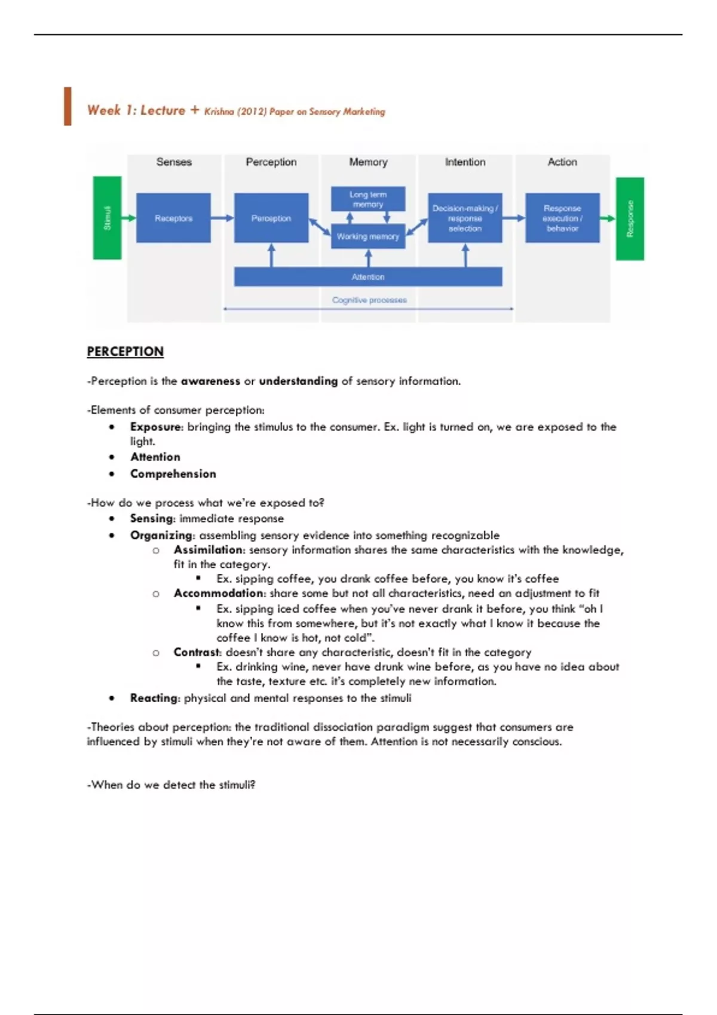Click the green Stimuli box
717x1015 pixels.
pos(108,218)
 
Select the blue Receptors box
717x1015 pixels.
pos(173,218)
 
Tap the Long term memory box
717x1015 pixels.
pos(368,199)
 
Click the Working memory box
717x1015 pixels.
pos(368,236)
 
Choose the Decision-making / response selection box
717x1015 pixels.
pos(465,218)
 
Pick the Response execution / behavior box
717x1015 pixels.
pos(562,218)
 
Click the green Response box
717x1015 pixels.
pos(630,219)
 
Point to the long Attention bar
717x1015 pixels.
pos(368,277)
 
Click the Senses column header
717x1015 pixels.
pos(174,162)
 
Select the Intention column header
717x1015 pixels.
pos(465,162)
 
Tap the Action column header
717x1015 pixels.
pos(562,162)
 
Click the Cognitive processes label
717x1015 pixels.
pos(369,300)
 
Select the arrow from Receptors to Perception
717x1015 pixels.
pos(222,218)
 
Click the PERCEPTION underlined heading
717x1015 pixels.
pos(125,352)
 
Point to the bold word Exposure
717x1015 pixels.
pos(156,427)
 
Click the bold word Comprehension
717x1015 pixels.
pos(173,473)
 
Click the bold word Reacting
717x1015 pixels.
pos(154,698)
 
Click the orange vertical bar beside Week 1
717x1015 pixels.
pos(68,106)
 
